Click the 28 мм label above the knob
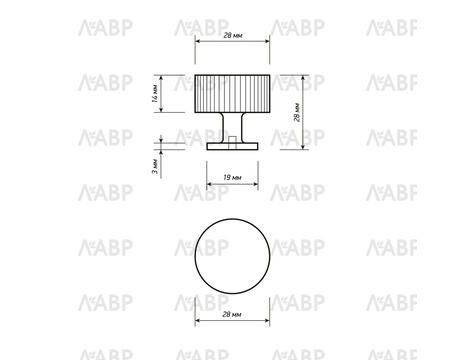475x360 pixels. [232, 35]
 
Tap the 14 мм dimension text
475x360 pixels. [155, 94]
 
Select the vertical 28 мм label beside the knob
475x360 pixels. [298, 113]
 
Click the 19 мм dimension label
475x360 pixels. [232, 177]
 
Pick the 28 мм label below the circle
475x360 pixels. [232, 314]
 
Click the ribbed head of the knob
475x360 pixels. [232, 94]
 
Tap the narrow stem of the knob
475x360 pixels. [232, 128]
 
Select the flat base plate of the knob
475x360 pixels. [232, 146]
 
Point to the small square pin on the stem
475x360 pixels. [233, 140]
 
